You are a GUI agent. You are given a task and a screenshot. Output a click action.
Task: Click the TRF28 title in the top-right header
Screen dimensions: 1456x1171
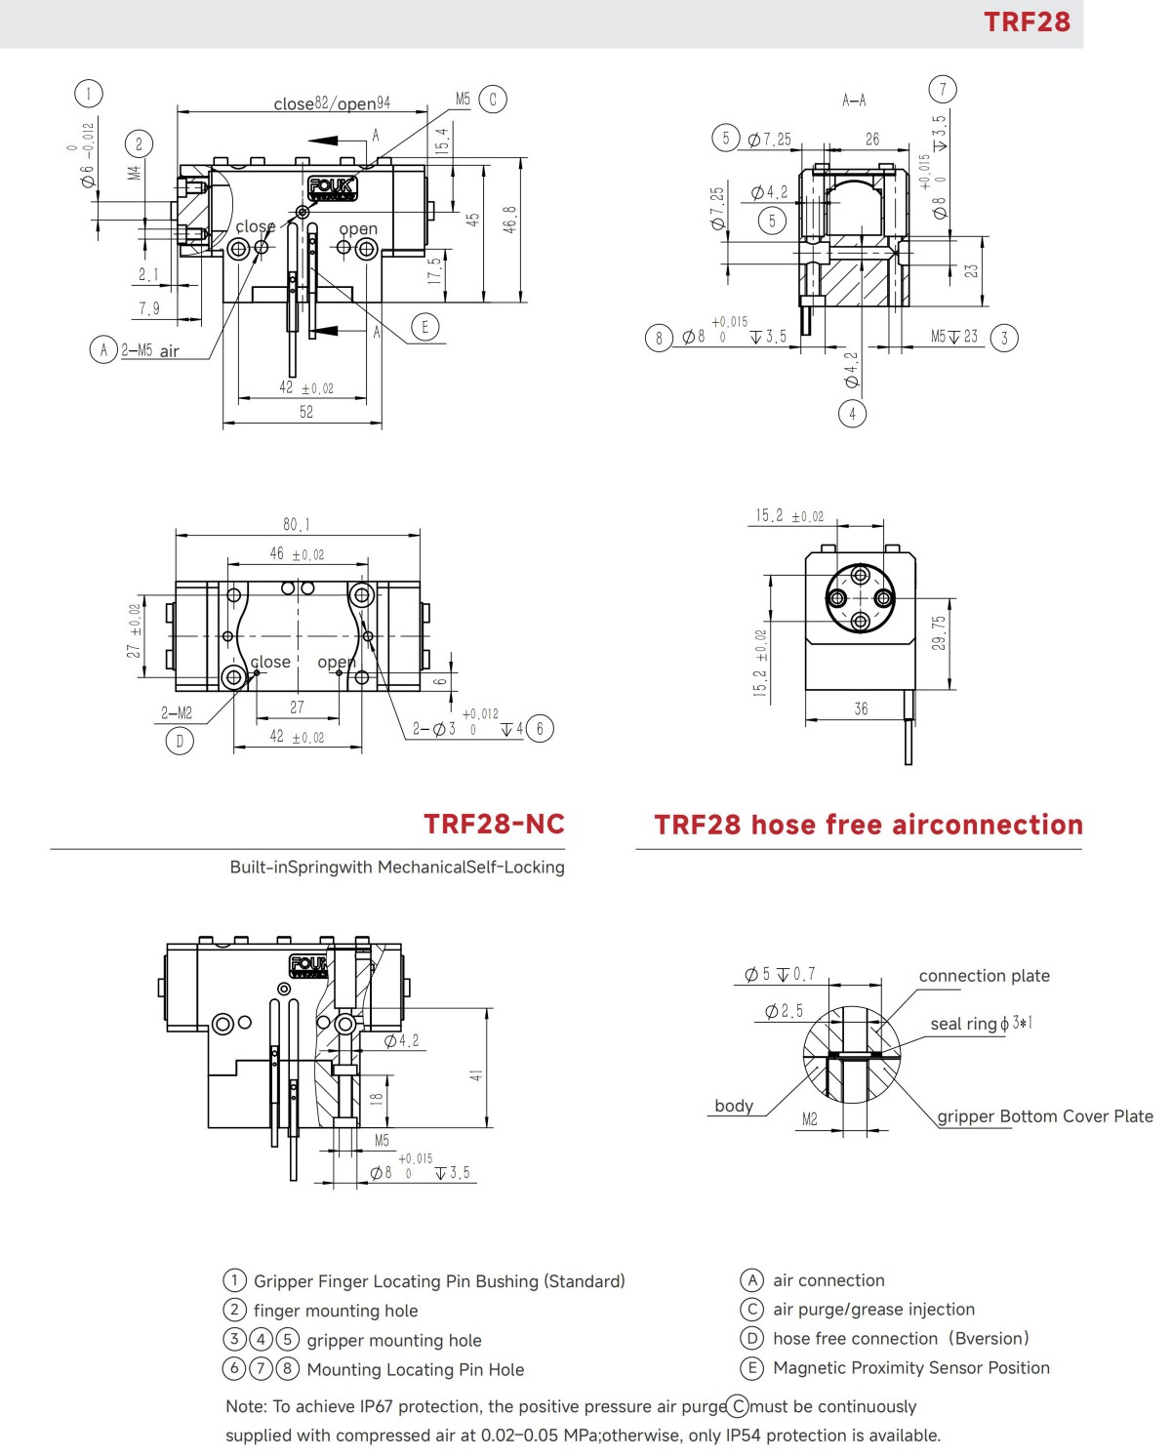point(1027,21)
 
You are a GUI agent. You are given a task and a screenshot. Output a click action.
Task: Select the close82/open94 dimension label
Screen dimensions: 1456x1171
point(332,103)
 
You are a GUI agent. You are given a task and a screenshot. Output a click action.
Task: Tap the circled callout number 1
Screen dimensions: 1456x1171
point(89,94)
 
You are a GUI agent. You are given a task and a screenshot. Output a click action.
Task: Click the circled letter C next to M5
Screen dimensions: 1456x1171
point(493,100)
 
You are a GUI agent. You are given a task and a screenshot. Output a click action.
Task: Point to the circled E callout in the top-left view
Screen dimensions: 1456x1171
point(424,327)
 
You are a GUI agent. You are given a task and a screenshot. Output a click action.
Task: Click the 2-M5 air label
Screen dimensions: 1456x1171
point(150,350)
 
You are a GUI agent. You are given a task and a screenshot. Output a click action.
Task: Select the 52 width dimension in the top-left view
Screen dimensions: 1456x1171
point(306,412)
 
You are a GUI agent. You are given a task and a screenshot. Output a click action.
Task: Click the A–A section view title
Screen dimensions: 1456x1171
point(854,101)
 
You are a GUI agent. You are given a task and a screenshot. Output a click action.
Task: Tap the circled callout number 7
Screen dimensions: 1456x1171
point(943,90)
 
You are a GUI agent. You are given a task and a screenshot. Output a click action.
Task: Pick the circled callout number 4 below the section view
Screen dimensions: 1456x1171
point(852,414)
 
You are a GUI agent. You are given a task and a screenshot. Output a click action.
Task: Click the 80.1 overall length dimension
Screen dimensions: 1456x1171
point(297,525)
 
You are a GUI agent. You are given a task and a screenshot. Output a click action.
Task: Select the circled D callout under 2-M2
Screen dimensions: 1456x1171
point(180,741)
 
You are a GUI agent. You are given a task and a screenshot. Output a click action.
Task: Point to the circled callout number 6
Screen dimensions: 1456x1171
point(540,728)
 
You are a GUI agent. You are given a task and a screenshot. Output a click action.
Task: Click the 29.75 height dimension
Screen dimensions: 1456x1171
point(938,633)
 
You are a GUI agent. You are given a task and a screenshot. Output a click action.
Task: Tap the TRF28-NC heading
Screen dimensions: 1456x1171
point(494,825)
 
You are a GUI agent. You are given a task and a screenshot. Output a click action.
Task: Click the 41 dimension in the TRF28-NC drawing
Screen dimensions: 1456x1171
point(476,1075)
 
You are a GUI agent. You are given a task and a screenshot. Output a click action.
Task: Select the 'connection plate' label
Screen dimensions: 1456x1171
point(984,976)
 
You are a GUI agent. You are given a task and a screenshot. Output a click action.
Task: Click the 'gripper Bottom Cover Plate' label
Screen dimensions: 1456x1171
point(1044,1116)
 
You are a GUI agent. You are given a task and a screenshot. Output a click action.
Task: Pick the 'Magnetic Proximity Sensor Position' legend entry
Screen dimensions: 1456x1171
point(910,1368)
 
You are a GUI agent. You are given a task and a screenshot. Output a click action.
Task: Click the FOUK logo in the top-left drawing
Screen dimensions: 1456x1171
point(333,187)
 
